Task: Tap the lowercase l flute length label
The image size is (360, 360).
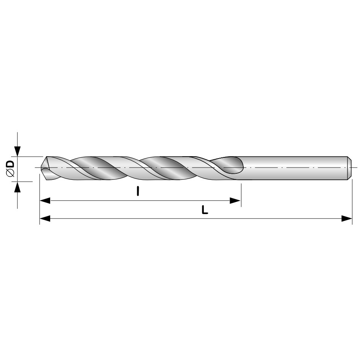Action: point(138,191)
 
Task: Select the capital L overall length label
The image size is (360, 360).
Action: point(205,210)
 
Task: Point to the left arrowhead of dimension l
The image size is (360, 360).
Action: point(45,200)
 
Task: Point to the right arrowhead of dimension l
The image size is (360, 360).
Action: point(235,200)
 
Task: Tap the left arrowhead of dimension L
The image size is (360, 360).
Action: point(45,218)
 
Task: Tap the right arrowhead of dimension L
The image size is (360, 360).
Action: point(347,218)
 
